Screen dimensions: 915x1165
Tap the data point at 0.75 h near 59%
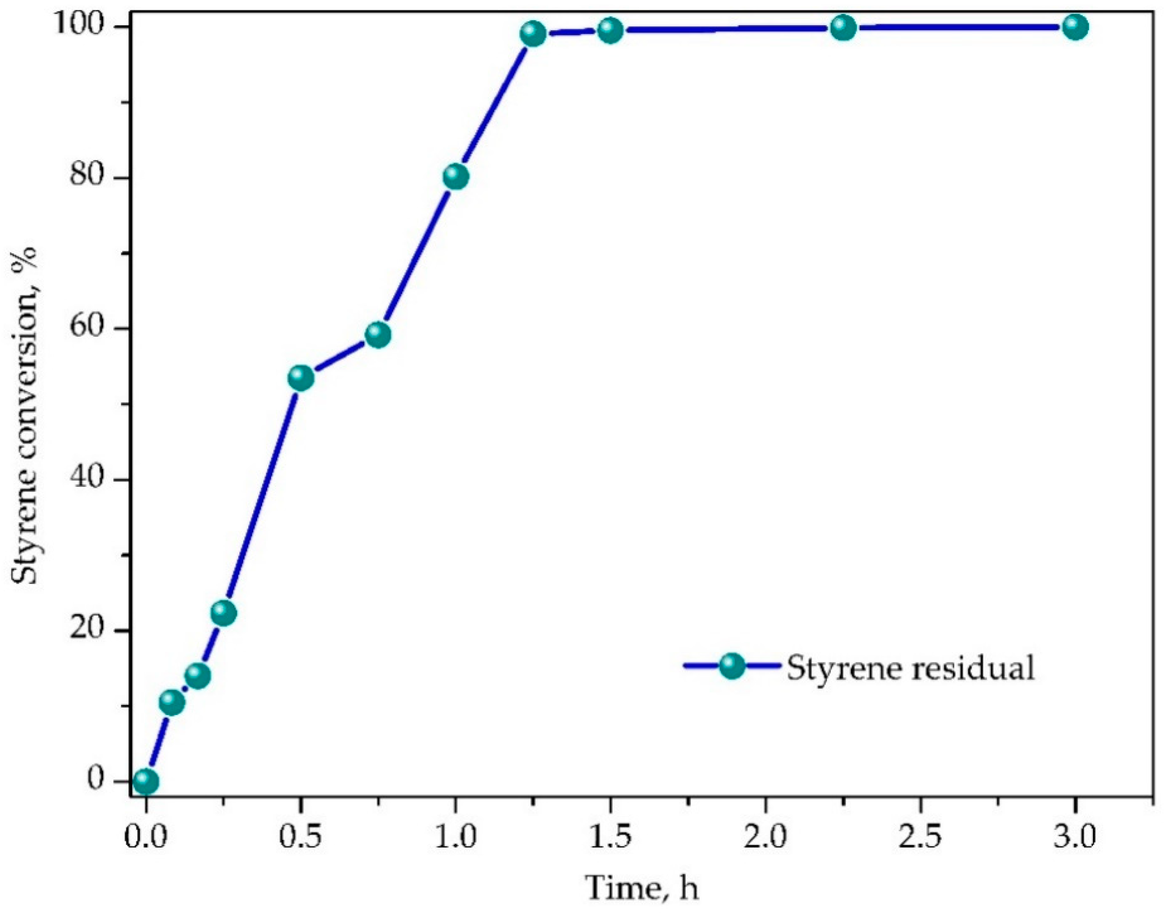[378, 335]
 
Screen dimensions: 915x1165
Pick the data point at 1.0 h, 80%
[456, 176]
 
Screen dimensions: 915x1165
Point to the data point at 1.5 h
[610, 30]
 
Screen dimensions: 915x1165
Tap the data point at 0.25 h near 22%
[223, 613]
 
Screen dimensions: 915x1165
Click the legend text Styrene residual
[910, 668]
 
